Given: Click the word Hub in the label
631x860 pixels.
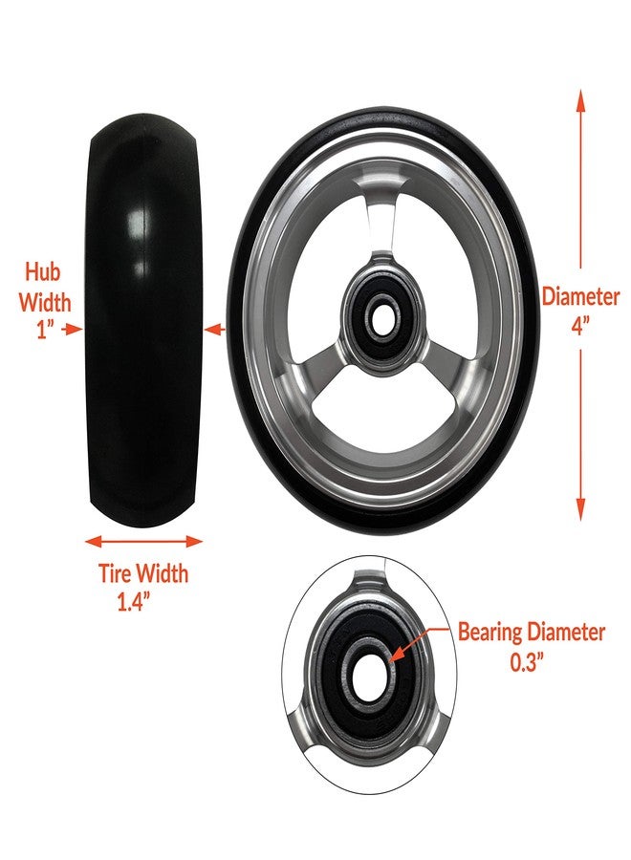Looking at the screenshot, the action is [x=42, y=271].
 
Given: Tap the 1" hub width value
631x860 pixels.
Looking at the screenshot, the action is [x=46, y=330].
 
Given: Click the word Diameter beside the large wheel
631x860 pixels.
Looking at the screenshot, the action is [x=580, y=296].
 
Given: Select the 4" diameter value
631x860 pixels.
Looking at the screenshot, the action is [x=580, y=327].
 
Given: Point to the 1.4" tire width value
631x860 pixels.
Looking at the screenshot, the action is [x=134, y=602].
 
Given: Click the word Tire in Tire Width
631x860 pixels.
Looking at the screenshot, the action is [x=116, y=573].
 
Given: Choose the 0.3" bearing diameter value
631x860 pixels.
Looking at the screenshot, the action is [x=527, y=662].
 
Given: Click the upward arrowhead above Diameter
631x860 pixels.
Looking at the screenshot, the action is [x=580, y=101].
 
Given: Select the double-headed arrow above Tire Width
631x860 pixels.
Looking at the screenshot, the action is [x=143, y=542].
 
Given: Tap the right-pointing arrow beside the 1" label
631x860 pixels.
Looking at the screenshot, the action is [x=72, y=329].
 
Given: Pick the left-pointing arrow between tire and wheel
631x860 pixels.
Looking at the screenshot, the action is [x=215, y=330].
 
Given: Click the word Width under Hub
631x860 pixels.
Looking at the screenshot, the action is [x=46, y=302].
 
